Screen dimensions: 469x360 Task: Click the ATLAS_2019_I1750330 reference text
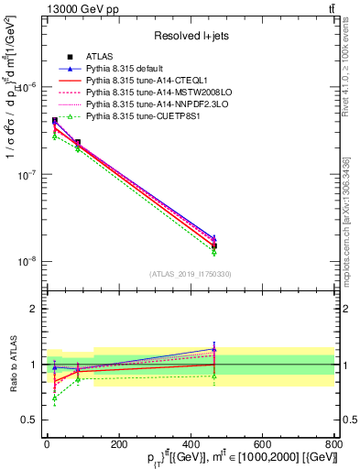coord(191,274)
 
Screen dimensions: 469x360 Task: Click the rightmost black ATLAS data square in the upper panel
coord(213,245)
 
